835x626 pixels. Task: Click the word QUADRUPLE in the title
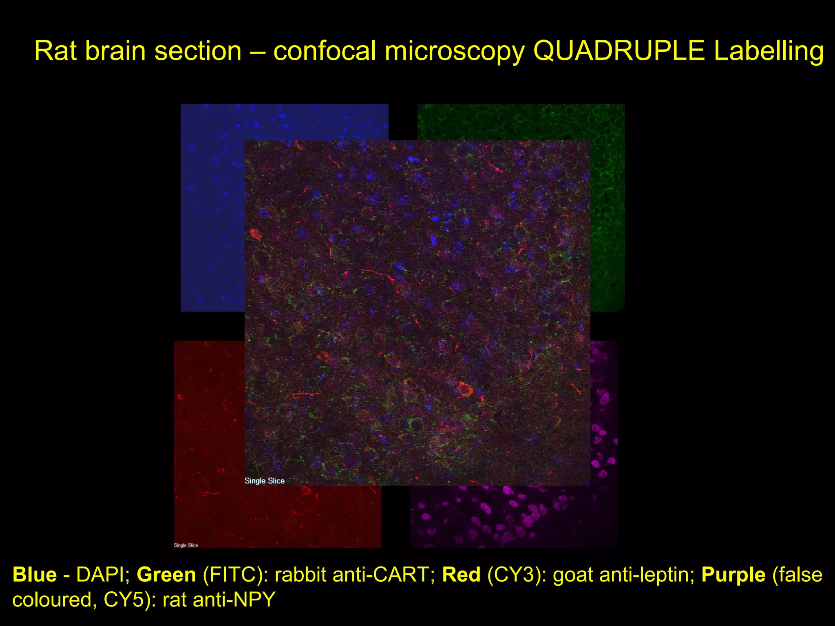(x=619, y=51)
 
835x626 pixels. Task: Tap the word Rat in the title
(x=55, y=51)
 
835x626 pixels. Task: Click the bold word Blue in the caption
(x=35, y=575)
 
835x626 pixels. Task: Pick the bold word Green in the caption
(x=166, y=575)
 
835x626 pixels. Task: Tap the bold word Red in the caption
(x=461, y=575)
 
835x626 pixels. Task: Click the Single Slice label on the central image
(x=265, y=481)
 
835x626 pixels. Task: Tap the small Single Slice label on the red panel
(x=186, y=545)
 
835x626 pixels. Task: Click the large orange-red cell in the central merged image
(x=465, y=389)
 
